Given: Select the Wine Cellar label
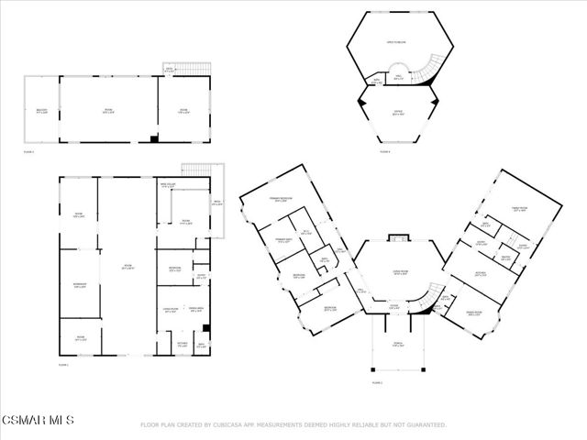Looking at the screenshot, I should pyautogui.click(x=168, y=186).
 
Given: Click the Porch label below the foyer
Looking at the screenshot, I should pyautogui.click(x=398, y=346).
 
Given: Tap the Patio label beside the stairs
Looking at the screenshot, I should pyautogui.click(x=216, y=203).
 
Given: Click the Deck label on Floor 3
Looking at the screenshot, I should pyautogui.click(x=169, y=70).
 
